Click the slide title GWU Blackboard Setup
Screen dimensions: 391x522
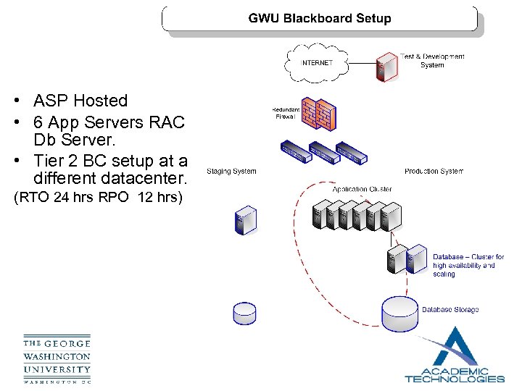pyautogui.click(x=320, y=19)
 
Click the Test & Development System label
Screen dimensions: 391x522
pyautogui.click(x=432, y=60)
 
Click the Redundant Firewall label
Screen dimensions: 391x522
pyautogui.click(x=286, y=112)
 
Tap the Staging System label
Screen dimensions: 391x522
pyautogui.click(x=231, y=172)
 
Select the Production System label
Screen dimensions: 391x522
pyautogui.click(x=434, y=172)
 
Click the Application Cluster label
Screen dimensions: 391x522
pyautogui.click(x=362, y=189)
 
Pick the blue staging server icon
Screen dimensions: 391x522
pyautogui.click(x=246, y=221)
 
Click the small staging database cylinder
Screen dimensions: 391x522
pyautogui.click(x=244, y=313)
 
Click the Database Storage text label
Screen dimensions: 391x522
pyautogui.click(x=450, y=310)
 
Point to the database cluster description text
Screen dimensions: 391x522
pyautogui.click(x=468, y=266)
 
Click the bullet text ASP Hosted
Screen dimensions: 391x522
pyautogui.click(x=80, y=101)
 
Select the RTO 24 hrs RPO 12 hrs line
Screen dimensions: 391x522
pyautogui.click(x=96, y=198)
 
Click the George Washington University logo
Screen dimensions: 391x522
pyautogui.click(x=57, y=360)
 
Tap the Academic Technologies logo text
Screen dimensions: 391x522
pyautogui.click(x=454, y=374)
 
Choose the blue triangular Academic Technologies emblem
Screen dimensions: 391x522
pyautogui.click(x=454, y=348)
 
